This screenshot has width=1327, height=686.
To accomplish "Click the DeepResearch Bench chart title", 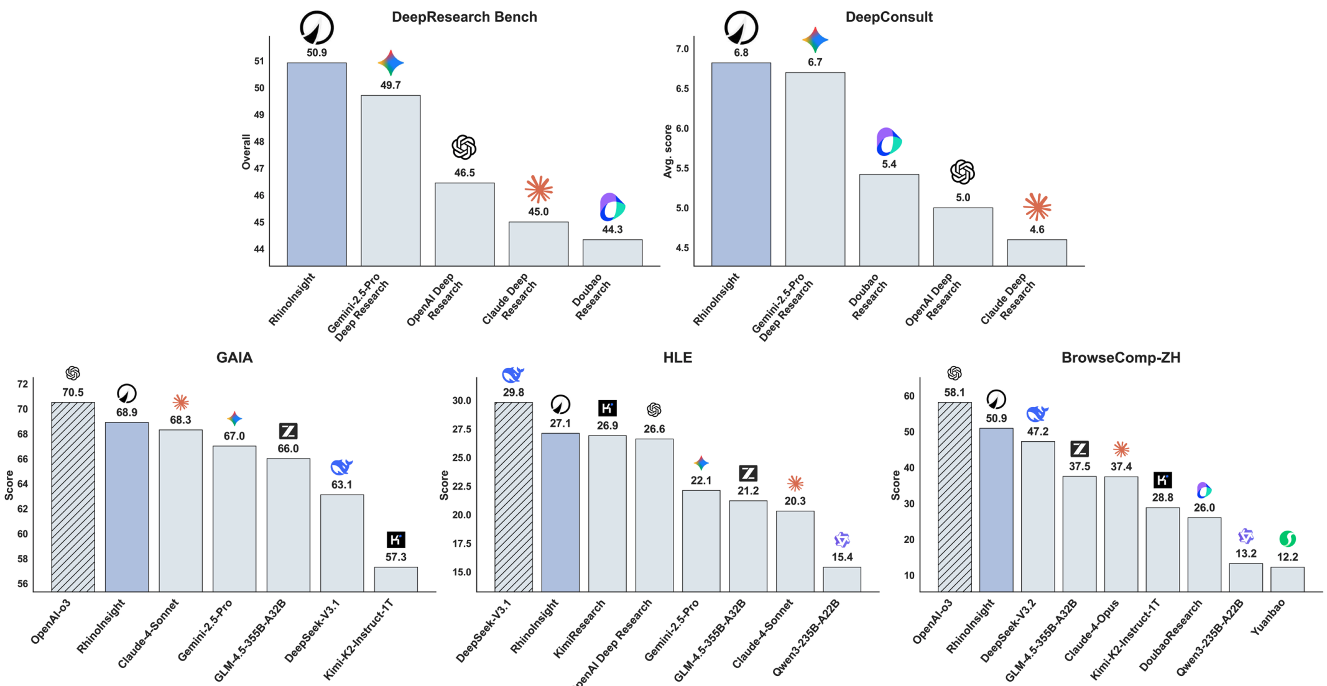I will click(464, 17).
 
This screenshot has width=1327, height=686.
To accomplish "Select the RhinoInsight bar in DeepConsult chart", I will click(741, 165).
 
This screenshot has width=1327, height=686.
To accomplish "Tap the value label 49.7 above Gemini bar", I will click(391, 85).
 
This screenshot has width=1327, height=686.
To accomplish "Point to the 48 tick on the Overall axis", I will click(259, 142).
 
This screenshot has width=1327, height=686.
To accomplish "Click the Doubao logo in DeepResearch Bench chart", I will click(612, 207).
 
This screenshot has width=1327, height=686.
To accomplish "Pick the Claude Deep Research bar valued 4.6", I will click(1037, 253).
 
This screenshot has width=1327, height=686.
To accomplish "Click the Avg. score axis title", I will click(668, 152).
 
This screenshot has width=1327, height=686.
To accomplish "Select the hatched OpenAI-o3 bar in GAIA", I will click(73, 497).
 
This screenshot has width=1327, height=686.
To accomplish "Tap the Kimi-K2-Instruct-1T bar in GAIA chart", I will click(395, 579).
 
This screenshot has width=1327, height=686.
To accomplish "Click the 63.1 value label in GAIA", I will click(341, 485).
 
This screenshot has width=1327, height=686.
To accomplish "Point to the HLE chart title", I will click(677, 357).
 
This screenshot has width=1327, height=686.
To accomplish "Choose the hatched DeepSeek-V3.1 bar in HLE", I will click(513, 497).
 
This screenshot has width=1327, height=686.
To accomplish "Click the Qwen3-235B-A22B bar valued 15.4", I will click(842, 579).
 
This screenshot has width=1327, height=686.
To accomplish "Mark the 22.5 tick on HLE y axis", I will click(461, 486).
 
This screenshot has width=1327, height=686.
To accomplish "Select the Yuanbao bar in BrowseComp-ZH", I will click(1287, 579).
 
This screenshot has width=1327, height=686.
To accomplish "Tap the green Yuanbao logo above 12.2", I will click(1287, 538).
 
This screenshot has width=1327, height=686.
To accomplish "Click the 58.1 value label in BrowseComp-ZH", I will click(954, 393).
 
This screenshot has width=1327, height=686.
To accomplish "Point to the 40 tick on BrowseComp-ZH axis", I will click(909, 468).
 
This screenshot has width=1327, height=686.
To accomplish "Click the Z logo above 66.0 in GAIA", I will click(288, 431).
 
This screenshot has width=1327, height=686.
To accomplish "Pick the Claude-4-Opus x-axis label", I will click(1092, 630).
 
